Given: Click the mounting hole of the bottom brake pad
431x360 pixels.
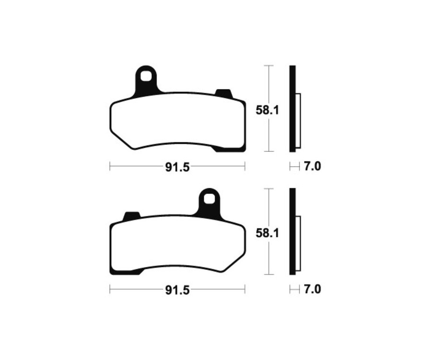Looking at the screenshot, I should (209, 198).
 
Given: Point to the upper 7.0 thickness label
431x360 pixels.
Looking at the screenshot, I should (312, 167).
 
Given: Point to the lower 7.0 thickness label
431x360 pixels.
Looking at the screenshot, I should (312, 290).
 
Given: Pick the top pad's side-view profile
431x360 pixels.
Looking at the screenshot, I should (293, 109).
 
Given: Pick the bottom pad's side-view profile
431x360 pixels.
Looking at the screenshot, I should (293, 232).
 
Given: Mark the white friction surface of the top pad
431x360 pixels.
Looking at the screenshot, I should (177, 120).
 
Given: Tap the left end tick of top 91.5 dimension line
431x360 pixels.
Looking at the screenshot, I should (110, 167).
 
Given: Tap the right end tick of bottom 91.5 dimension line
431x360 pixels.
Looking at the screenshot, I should (245, 290).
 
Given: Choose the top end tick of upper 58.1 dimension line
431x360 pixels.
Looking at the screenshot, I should (269, 65).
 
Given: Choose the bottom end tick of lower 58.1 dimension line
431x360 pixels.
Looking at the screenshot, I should (269, 275).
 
